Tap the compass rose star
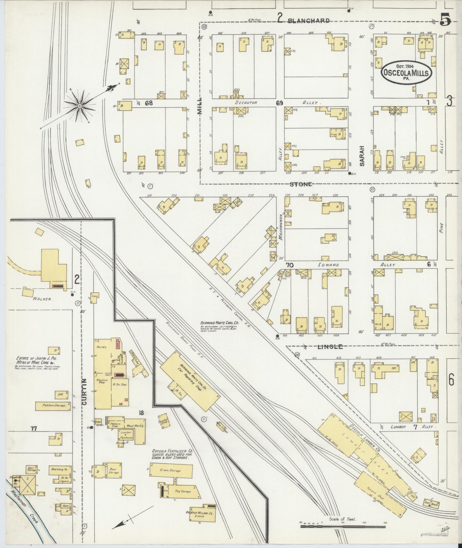click(x=79, y=106)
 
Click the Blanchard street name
click(x=308, y=21)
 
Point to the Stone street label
click(x=300, y=184)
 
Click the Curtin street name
click(x=84, y=392)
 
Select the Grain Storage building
click(x=171, y=471)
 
